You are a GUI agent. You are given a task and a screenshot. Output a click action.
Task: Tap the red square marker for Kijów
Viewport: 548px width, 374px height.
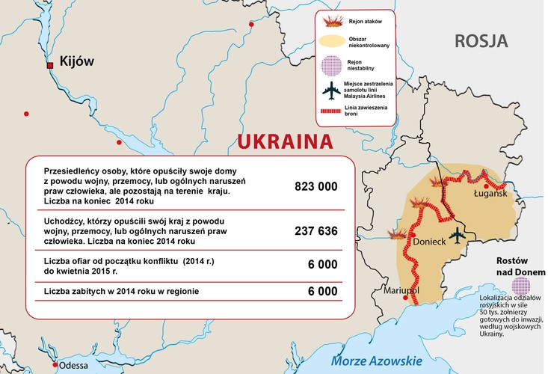[x=50, y=66]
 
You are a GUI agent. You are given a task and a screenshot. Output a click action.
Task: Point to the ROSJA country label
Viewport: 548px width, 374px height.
[x=481, y=41]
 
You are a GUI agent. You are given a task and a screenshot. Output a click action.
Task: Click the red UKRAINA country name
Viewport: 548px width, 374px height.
[x=285, y=143]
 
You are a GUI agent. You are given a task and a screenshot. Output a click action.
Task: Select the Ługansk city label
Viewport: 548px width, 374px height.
[x=490, y=194]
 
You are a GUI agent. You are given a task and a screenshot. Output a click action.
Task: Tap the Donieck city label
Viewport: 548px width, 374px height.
[x=429, y=243]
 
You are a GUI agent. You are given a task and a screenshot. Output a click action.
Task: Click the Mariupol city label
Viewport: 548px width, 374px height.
[x=401, y=289]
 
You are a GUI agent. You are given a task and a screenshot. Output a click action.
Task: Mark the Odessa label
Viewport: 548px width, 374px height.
[x=73, y=366]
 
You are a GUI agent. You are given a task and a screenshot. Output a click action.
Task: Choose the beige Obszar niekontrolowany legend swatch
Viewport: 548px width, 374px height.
[x=330, y=41]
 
